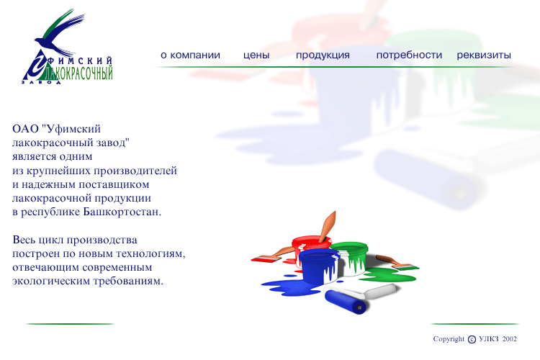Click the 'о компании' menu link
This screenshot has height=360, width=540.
190,55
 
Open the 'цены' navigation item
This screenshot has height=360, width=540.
256,55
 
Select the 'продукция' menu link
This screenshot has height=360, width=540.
323,55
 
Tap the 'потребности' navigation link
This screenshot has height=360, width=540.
409,55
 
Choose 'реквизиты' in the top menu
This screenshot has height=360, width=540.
484,55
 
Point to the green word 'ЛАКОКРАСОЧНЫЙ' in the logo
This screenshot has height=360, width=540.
79,73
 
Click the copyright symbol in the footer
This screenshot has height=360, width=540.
472,340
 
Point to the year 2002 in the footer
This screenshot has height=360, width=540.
510,339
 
